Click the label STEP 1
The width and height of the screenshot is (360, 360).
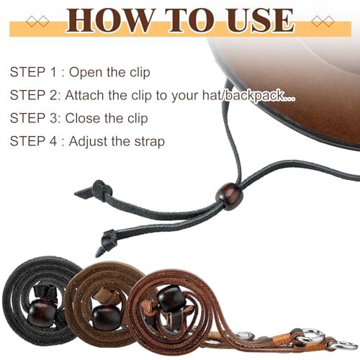(x=35, y=73)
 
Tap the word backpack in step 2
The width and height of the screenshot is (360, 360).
(x=249, y=96)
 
